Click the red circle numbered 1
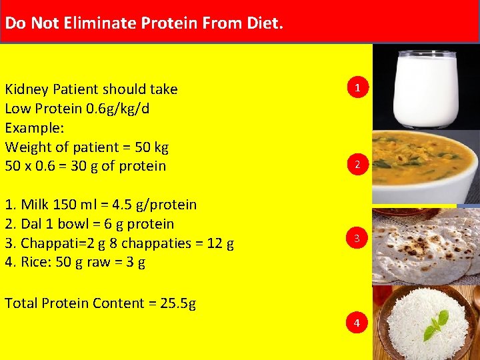point(357,87)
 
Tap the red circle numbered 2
point(357,165)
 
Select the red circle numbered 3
point(357,237)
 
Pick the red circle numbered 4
point(357,323)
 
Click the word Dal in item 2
point(31,224)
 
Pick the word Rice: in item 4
point(36,262)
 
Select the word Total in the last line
point(21,303)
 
